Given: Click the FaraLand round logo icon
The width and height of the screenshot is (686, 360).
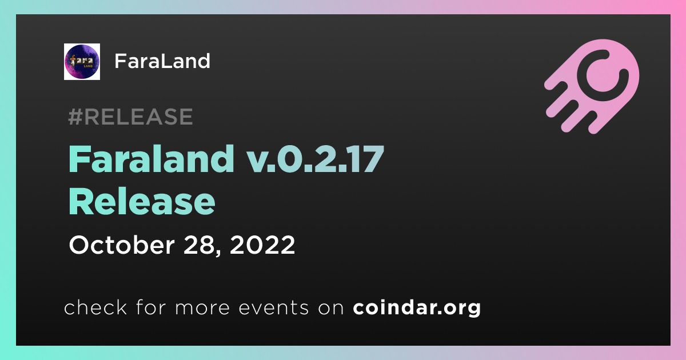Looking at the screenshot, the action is [82, 62].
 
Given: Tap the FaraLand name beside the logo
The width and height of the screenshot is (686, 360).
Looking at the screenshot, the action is [162, 61].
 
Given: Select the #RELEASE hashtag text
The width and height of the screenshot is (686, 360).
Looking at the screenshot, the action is [130, 117].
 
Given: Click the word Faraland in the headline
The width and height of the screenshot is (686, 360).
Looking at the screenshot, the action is [151, 159].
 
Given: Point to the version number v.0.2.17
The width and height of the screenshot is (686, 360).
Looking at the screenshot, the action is [316, 159].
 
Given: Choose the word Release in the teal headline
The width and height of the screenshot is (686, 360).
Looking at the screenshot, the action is [142, 202].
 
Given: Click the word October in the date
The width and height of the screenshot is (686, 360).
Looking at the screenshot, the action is [122, 245].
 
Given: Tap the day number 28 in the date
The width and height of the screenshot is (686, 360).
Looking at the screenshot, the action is [199, 245].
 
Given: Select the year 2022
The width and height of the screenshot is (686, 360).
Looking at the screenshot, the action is [262, 245].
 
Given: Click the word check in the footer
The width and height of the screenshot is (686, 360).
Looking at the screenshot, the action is [95, 307].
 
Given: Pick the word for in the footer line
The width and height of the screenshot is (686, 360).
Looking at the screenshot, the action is [151, 307].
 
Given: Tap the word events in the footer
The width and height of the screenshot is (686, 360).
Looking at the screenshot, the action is [273, 308].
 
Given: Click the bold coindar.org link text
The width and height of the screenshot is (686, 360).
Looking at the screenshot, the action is [417, 307].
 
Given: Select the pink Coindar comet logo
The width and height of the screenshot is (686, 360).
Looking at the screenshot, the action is [592, 86].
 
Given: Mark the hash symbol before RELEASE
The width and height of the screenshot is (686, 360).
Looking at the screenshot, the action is [75, 117].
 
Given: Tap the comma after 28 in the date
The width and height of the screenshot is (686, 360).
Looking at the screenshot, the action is [218, 253].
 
